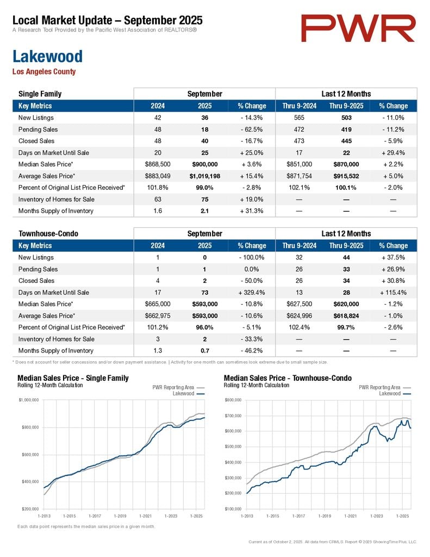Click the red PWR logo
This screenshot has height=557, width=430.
click(x=358, y=28)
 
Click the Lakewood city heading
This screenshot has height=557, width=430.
click(x=47, y=57)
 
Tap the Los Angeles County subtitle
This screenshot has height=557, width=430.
click(x=44, y=72)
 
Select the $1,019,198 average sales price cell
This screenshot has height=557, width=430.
click(x=204, y=176)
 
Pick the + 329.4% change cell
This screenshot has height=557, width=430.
click(x=252, y=293)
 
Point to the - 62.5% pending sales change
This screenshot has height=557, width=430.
click(x=252, y=129)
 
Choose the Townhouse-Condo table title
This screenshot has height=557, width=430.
click(x=48, y=234)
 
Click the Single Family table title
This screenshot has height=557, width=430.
click(x=40, y=94)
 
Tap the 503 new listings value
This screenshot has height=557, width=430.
click(x=346, y=117)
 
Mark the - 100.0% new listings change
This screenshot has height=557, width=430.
click(x=252, y=258)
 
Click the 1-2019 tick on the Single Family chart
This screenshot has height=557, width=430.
click(x=120, y=515)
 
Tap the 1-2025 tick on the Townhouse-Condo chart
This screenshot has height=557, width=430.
click(x=402, y=515)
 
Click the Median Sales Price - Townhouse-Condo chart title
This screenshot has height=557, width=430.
click(x=288, y=378)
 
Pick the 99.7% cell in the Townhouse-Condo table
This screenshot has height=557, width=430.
click(x=346, y=327)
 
